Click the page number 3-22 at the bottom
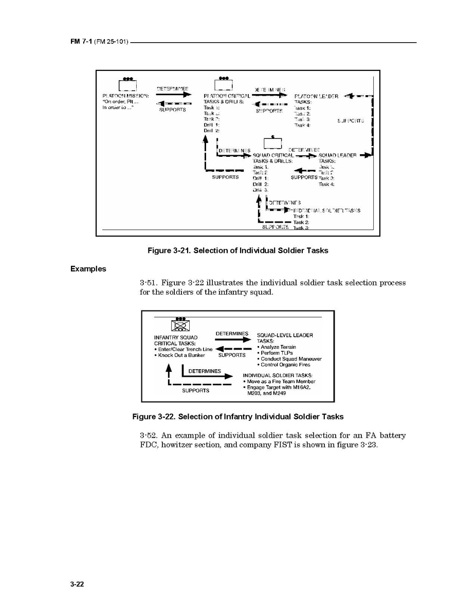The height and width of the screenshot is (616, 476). (x=77, y=584)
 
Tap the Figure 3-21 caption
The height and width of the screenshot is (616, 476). (x=237, y=250)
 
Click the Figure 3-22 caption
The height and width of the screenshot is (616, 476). (x=237, y=416)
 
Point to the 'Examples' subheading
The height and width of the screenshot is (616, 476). (x=88, y=268)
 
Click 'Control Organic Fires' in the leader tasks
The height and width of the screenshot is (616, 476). (x=286, y=365)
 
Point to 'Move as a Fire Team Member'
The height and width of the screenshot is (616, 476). (x=281, y=382)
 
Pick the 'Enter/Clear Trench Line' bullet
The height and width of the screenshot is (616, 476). (x=184, y=350)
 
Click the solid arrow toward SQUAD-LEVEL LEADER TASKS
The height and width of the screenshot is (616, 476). (x=232, y=340)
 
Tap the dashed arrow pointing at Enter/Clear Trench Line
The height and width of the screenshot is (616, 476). (x=232, y=350)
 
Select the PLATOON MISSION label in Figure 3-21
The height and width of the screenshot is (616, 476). (x=126, y=96)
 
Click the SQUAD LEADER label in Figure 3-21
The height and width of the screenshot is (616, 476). (x=337, y=155)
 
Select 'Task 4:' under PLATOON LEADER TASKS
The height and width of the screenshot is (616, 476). (x=302, y=125)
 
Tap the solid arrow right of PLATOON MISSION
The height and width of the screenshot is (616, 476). (x=172, y=95)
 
